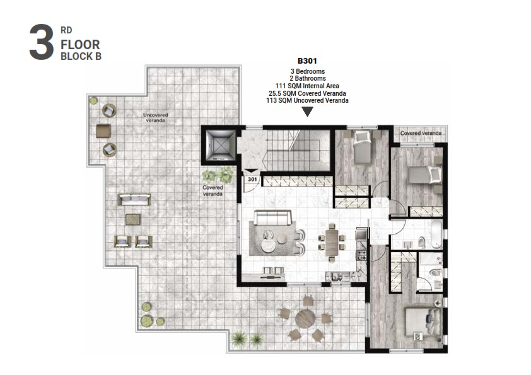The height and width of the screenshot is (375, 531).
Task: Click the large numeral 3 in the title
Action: [41, 43]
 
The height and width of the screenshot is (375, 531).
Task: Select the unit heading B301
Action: [306, 62]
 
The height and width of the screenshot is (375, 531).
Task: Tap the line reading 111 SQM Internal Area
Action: [307, 86]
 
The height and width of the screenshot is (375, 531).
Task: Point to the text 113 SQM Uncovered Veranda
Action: [307, 100]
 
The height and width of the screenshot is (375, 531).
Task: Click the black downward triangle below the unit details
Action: [307, 112]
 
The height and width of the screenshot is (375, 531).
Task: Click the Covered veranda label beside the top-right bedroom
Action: [420, 133]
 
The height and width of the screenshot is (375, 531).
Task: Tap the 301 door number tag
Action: [252, 179]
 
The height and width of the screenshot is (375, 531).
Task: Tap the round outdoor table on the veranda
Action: [305, 318]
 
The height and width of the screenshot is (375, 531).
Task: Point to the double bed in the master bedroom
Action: [422, 321]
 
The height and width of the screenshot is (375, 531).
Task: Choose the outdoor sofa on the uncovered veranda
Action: [134, 200]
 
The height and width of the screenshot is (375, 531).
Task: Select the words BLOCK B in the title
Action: [81, 55]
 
